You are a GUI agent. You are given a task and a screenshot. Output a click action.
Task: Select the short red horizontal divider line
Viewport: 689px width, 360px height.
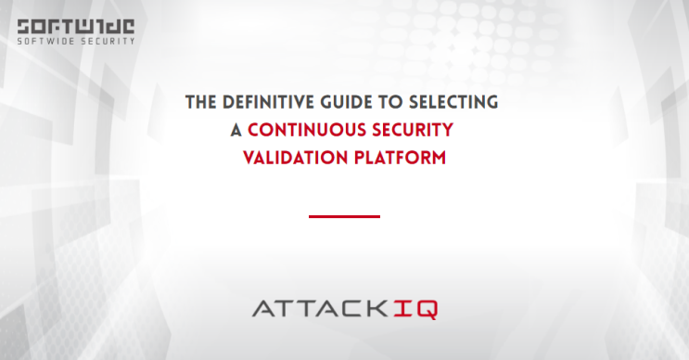pos(344,216)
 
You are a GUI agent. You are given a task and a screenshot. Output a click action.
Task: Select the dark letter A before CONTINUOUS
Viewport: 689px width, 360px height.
pos(236,130)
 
